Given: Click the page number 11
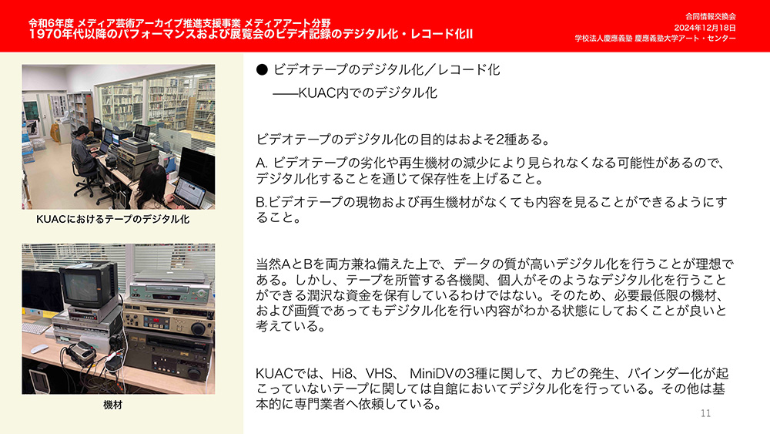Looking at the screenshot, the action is tap(705, 413).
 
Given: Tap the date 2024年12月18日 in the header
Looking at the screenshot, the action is tap(705, 28).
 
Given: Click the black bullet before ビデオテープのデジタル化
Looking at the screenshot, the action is tap(262, 70).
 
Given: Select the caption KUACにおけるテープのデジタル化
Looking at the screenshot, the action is tap(113, 219).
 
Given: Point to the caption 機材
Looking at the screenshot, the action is tap(113, 405).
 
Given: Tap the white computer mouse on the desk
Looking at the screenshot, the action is tap(39, 349).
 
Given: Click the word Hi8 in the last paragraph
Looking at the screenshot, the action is tap(343, 374).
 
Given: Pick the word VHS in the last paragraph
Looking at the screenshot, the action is tap(379, 374).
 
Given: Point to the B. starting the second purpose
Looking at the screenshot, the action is tap(261, 202).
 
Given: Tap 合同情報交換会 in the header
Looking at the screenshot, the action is tap(711, 17).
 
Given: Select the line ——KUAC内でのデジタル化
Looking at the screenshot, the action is tap(355, 93).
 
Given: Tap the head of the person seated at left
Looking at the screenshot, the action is tap(83, 132).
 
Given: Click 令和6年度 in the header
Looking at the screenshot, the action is tap(51, 22).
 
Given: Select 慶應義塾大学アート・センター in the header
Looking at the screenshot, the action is tap(685, 39).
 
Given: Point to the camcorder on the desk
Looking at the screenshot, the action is tap(81, 352).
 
